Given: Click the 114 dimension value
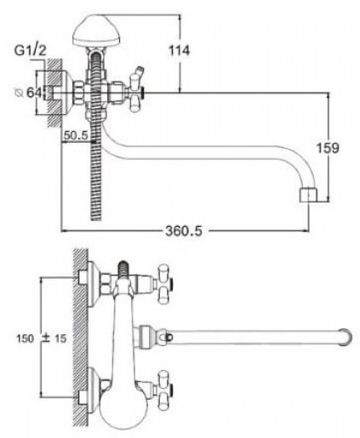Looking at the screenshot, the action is [179, 51].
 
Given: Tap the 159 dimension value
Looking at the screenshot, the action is [328, 148].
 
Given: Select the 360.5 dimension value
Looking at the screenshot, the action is [184, 230].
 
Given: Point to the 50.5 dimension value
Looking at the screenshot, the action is [76, 135].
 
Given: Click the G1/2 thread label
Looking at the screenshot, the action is [30, 50].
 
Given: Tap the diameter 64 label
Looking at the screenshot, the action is [28, 93].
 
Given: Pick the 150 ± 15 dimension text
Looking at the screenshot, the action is [42, 338].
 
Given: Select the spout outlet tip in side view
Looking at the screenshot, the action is [308, 195].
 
